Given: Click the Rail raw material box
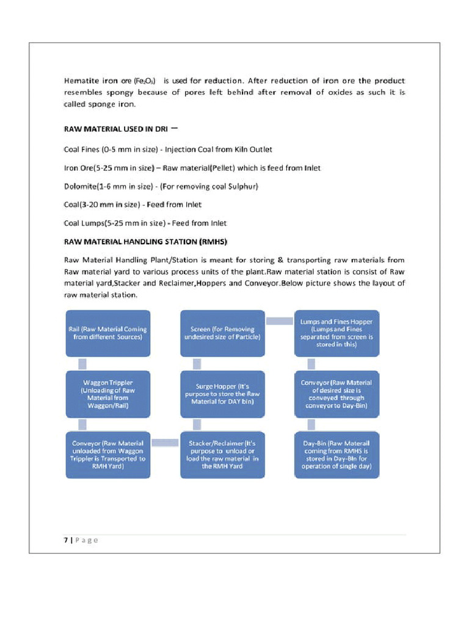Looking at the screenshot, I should [107, 333].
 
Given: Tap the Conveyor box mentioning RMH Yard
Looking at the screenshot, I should [107, 455].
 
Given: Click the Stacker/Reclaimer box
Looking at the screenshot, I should [222, 455].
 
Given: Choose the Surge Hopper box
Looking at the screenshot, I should [222, 394].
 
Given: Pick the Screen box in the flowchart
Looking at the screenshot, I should [222, 333].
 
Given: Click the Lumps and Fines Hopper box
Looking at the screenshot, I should [336, 333].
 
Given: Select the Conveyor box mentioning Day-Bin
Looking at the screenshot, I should [336, 394].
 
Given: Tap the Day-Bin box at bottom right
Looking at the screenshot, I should [336, 455].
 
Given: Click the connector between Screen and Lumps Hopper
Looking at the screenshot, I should [280, 321].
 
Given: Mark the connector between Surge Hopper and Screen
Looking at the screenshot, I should [197, 364].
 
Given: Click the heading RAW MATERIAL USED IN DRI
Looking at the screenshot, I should [116, 129].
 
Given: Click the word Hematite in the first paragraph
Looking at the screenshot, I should [81, 81].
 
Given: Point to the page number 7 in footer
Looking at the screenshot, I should [65, 540].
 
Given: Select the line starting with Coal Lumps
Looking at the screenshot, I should [145, 223].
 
